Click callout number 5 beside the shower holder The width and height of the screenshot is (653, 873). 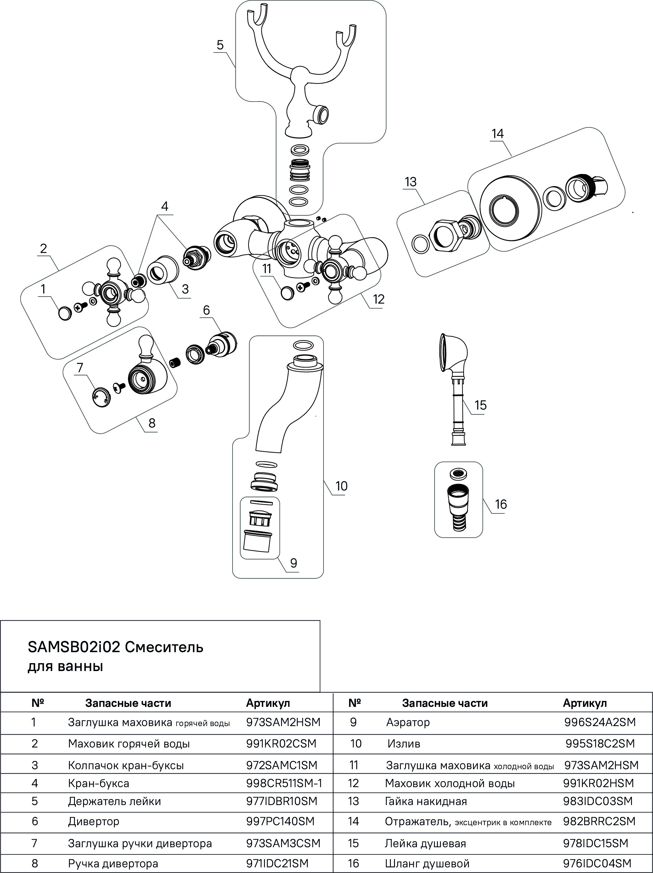click(220, 45)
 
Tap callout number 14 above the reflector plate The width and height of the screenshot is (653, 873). click(498, 134)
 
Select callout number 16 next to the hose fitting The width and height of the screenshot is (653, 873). click(501, 504)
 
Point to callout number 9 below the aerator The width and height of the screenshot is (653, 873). click(293, 563)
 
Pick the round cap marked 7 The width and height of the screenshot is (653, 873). click(101, 397)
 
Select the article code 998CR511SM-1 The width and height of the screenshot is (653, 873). click(284, 783)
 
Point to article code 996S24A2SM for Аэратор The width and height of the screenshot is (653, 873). click(600, 722)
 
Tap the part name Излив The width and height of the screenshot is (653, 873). click(403, 744)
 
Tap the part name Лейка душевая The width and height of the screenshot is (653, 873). click(425, 843)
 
